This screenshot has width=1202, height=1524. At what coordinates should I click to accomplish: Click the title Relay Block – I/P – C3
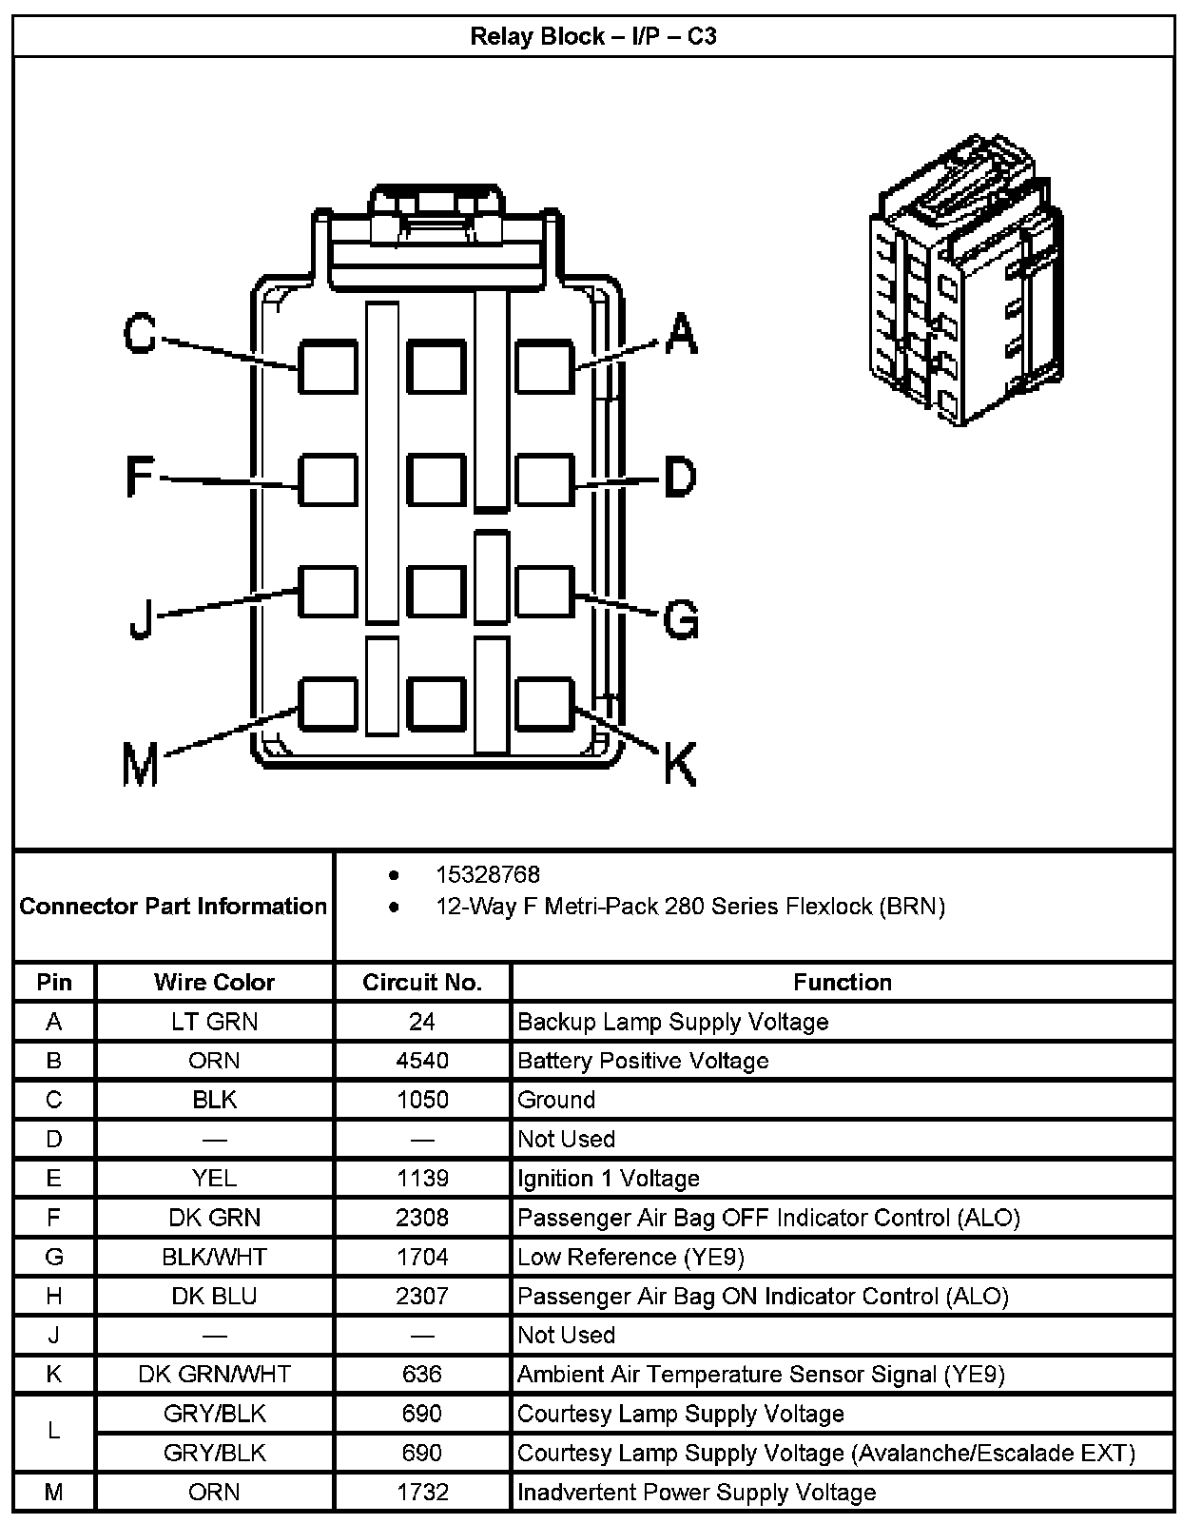point(593,37)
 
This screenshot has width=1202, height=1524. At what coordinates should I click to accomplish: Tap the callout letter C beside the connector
point(141,335)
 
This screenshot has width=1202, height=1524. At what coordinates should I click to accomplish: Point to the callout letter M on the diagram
point(141,766)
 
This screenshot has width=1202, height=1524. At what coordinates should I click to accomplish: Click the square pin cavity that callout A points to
point(545,366)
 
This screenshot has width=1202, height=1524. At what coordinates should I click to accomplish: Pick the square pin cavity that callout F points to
point(328,479)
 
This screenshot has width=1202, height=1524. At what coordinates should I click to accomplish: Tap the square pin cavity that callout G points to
point(545,591)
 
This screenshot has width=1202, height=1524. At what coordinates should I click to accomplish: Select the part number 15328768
point(487,874)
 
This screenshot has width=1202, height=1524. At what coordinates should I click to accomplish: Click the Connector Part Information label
point(173,906)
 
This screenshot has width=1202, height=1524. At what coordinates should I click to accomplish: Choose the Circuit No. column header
point(422,982)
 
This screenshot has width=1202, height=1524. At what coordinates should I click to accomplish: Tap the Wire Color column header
point(214,982)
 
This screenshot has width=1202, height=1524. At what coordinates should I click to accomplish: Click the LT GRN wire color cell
point(214,1022)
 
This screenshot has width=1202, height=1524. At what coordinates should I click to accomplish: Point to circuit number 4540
point(422,1061)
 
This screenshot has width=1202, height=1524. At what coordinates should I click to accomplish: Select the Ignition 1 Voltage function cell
point(609,1179)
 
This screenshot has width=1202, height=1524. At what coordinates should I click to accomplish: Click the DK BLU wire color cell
point(214,1296)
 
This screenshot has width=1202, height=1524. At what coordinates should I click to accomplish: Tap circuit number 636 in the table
point(422,1375)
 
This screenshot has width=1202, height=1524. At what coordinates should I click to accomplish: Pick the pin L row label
point(54,1433)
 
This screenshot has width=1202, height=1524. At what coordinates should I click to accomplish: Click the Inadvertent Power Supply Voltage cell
point(696,1492)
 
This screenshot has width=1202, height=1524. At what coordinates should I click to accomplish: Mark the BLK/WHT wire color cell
point(214,1257)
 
